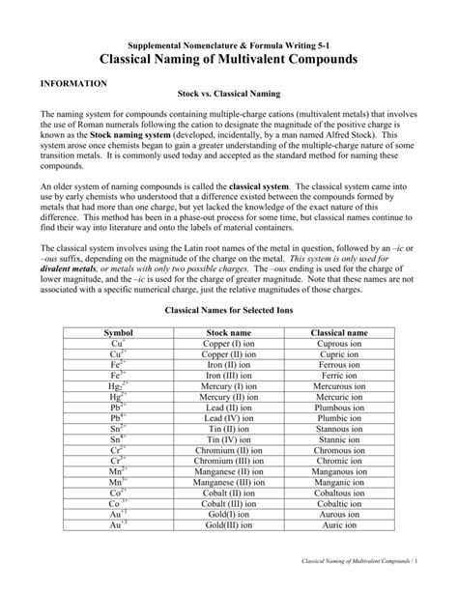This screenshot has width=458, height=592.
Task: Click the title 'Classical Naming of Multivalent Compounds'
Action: click(x=229, y=59)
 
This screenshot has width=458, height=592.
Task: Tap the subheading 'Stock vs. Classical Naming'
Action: click(x=228, y=96)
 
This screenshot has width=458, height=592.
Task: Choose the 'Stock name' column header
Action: click(x=229, y=332)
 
